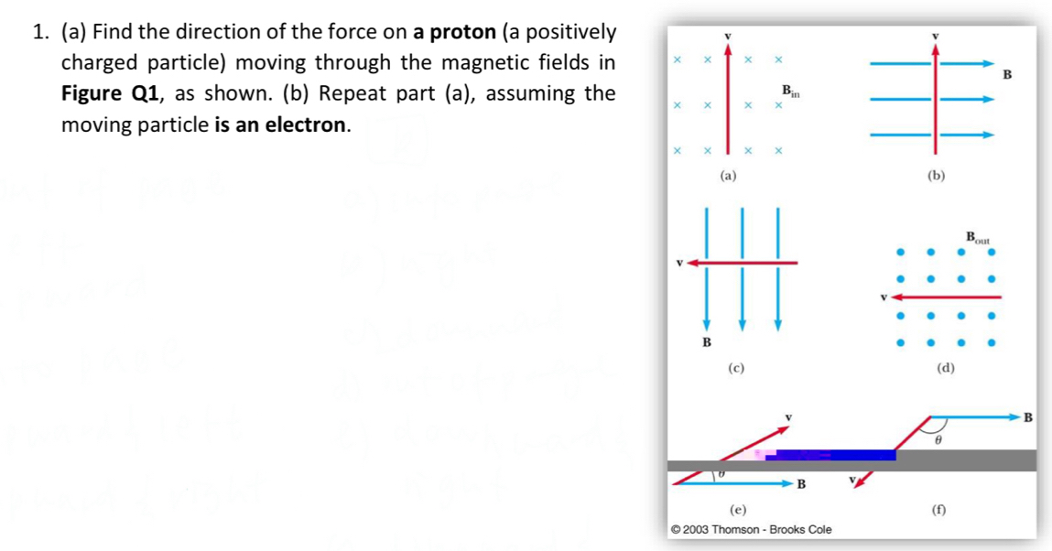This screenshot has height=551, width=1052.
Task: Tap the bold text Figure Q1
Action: pyautogui.click(x=103, y=94)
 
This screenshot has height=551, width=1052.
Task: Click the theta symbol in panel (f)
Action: pyautogui.click(x=939, y=439)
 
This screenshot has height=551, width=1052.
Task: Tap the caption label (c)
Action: pyautogui.click(x=735, y=368)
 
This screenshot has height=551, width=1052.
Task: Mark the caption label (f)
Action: pyautogui.click(x=938, y=510)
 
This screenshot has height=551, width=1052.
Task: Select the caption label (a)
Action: pyautogui.click(x=728, y=174)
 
